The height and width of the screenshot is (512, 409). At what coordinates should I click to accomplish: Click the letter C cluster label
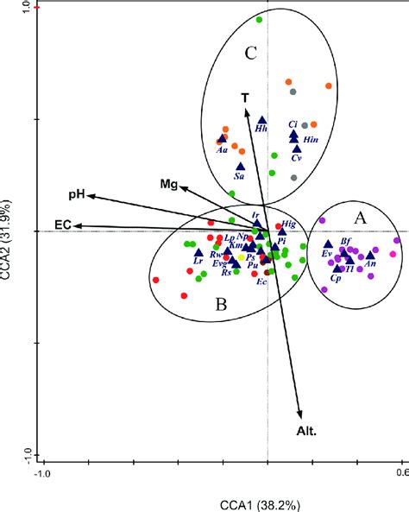point(250,54)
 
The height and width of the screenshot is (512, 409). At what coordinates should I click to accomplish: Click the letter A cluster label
point(361,219)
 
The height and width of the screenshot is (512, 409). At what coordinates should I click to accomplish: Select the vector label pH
point(77,195)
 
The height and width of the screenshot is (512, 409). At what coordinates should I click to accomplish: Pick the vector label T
point(245,98)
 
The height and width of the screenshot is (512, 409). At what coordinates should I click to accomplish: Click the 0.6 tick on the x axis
point(400,472)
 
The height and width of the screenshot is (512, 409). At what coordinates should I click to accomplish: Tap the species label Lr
point(198,261)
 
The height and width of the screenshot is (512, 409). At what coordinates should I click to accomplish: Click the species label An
point(370,264)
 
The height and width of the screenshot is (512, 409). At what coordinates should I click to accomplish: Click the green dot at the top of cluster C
point(260,19)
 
